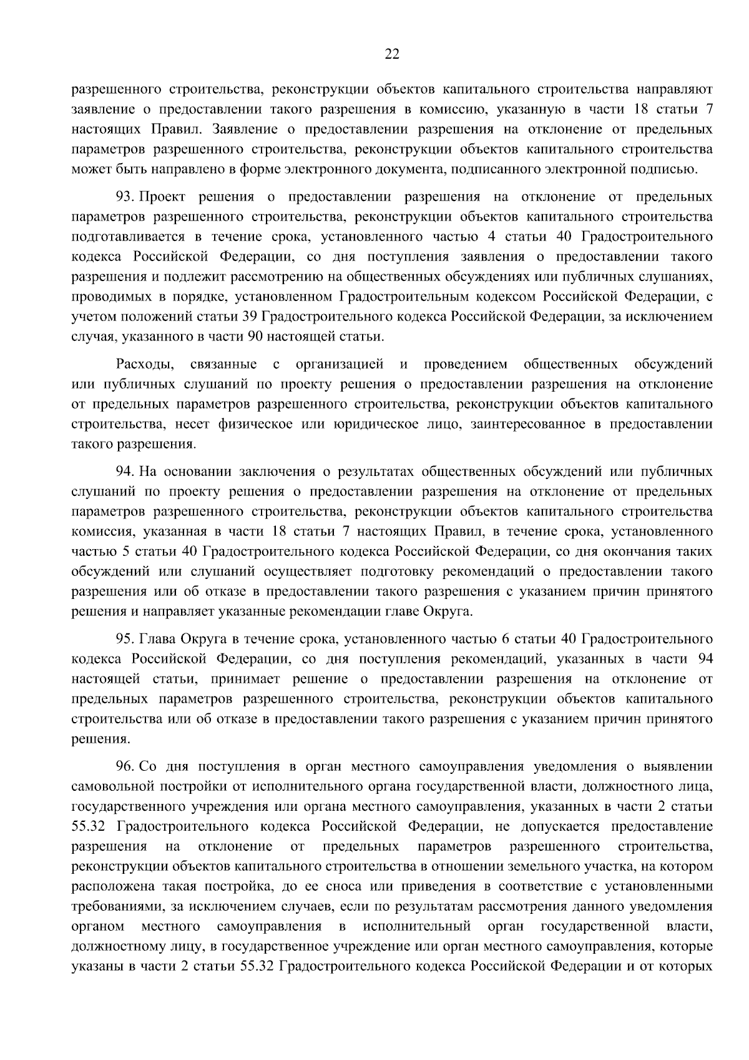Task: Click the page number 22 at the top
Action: (391, 54)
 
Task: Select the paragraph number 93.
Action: (125, 197)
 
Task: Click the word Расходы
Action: (143, 364)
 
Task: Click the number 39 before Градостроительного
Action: (248, 317)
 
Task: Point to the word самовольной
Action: (112, 786)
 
